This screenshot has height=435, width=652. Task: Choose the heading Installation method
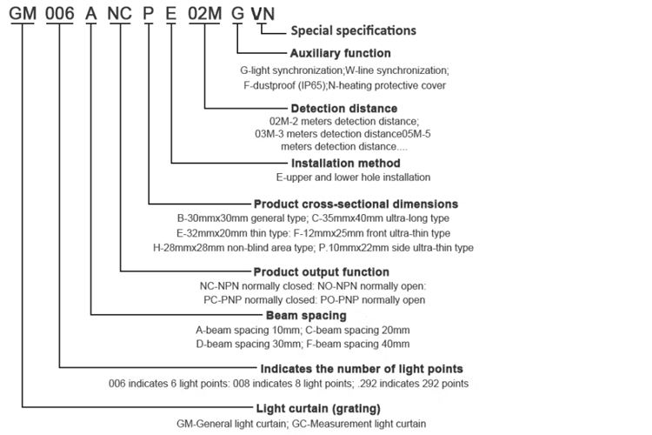(x=344, y=163)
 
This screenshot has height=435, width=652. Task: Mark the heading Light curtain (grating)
(x=318, y=408)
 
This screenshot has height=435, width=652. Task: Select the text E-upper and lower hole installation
(x=346, y=177)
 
